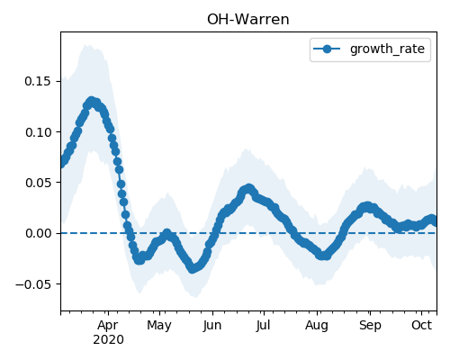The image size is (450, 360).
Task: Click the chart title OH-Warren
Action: click(248, 20)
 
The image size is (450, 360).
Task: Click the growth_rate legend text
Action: click(387, 49)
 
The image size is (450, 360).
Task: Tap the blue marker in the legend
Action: click(327, 49)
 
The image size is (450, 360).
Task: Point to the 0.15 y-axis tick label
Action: click(38, 81)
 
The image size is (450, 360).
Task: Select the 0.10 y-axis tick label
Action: click(38, 132)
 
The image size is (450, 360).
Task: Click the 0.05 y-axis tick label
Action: click(38, 183)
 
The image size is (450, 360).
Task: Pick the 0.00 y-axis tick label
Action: click(38, 233)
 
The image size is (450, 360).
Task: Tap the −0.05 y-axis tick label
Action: click(32, 284)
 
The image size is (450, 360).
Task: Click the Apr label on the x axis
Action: click(108, 325)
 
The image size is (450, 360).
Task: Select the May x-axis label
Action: click(159, 325)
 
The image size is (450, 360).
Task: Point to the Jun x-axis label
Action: click(212, 325)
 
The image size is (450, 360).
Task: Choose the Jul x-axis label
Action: click(263, 325)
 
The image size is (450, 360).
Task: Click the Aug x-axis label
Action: click(317, 325)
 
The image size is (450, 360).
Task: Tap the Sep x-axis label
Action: click(370, 325)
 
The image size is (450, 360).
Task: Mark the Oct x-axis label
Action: click(421, 325)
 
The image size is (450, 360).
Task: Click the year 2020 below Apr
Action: click(108, 340)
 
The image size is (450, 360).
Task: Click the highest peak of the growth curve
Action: click(92, 102)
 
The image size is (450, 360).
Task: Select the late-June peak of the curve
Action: click(248, 188)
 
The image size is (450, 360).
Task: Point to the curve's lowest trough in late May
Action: click(193, 268)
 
